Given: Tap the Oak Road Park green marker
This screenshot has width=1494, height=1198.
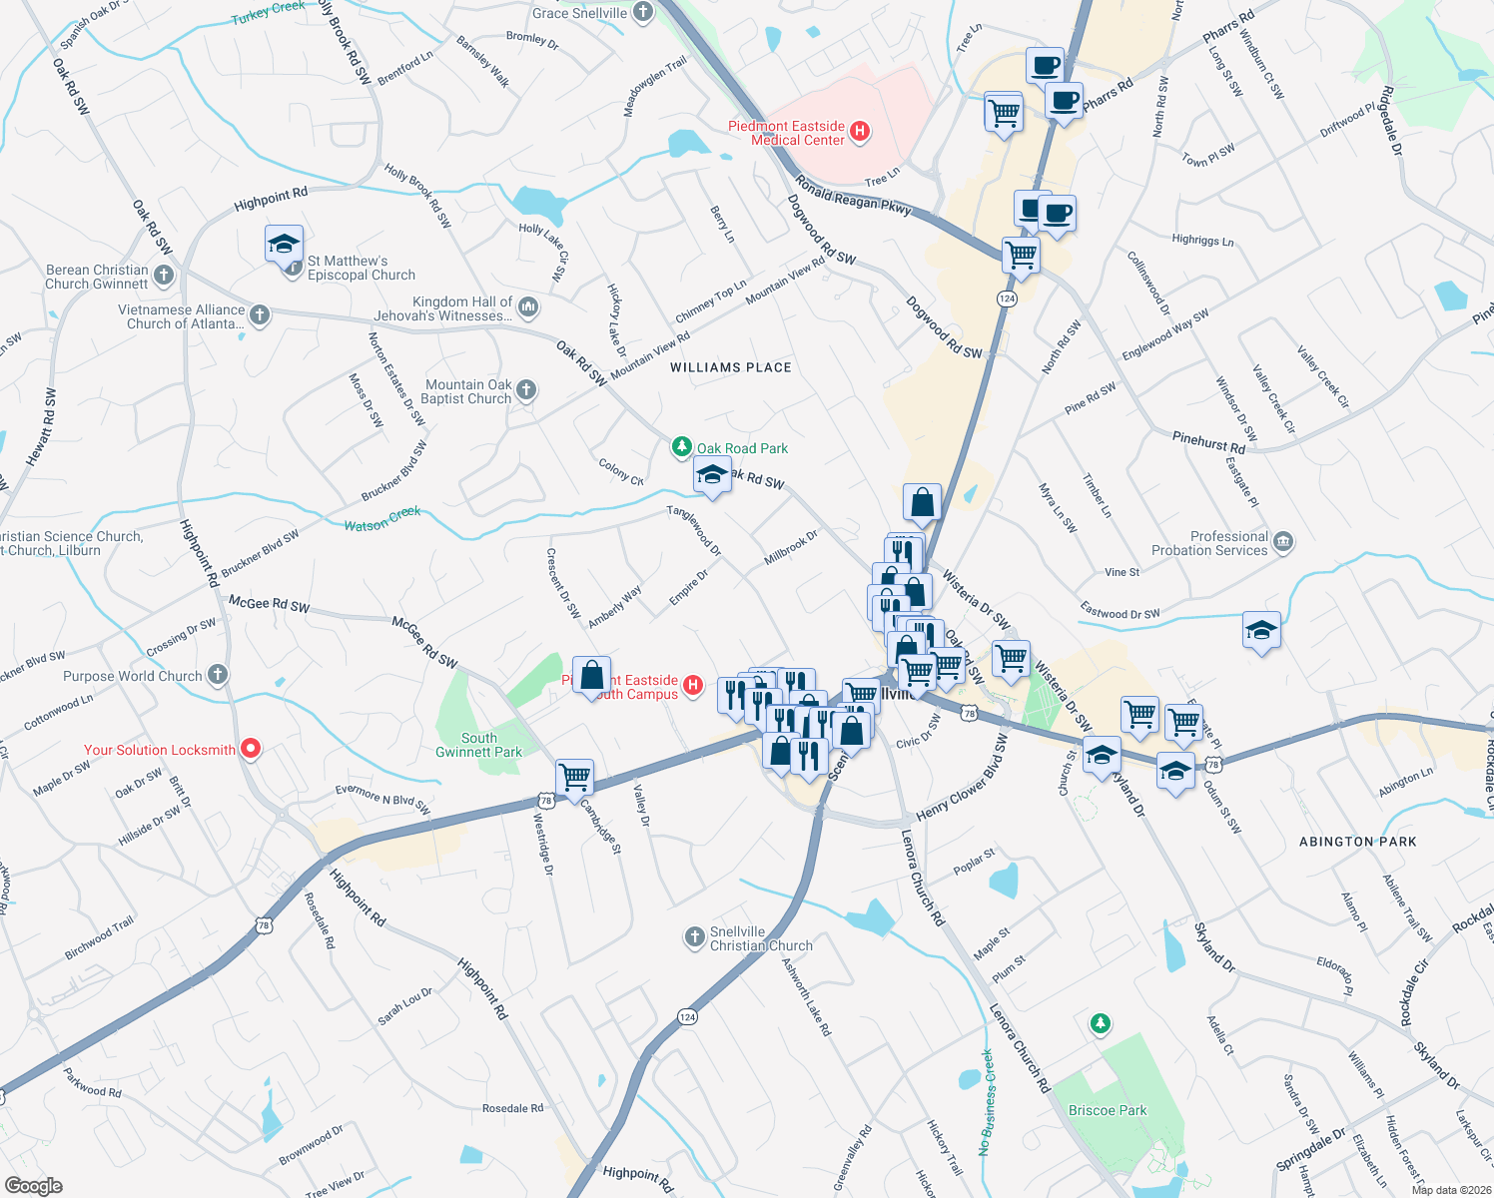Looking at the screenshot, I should tap(681, 446).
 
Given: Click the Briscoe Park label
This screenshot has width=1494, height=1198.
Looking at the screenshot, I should tap(1108, 1110).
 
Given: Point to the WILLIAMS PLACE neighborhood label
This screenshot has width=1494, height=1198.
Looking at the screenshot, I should tap(731, 367).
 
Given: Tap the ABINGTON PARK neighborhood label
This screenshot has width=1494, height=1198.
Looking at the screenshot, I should tap(1357, 842).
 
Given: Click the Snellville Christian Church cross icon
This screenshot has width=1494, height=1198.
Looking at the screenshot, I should tap(694, 936).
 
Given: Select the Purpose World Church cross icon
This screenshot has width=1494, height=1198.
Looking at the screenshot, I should tap(218, 675).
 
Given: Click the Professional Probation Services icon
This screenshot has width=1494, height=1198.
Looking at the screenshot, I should tap(1283, 542).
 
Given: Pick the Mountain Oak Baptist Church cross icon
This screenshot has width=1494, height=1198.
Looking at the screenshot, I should tap(526, 390).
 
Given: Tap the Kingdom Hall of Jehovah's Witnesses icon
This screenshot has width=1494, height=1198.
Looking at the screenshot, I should tap(528, 306).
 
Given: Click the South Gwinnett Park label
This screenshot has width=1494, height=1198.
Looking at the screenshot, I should tap(478, 745).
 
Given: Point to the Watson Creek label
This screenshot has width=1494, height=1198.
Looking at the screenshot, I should tap(382, 519).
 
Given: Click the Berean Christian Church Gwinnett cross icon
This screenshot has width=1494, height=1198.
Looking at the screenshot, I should tap(164, 275).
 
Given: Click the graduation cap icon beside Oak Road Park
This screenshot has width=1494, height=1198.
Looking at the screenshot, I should tap(711, 475).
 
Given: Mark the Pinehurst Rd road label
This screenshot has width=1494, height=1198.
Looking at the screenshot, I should tap(1208, 441).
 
